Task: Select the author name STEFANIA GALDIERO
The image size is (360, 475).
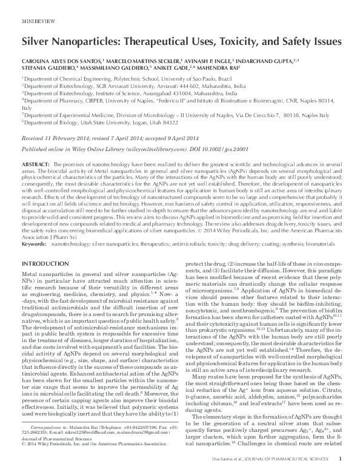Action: pos(49,69)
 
